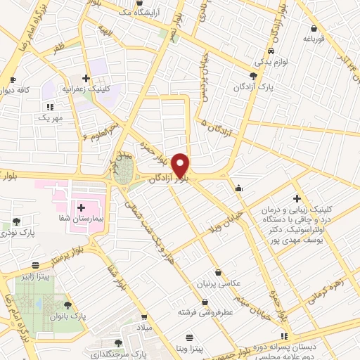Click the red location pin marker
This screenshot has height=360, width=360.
pos(181,165)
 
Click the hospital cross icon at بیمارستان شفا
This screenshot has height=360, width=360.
pos(82,207)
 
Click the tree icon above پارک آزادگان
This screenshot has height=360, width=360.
pos(253,75)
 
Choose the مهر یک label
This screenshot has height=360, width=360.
pos(50,117)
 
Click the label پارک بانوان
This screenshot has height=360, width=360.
pos(68,316)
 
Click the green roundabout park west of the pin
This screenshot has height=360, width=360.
pos(124,171)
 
